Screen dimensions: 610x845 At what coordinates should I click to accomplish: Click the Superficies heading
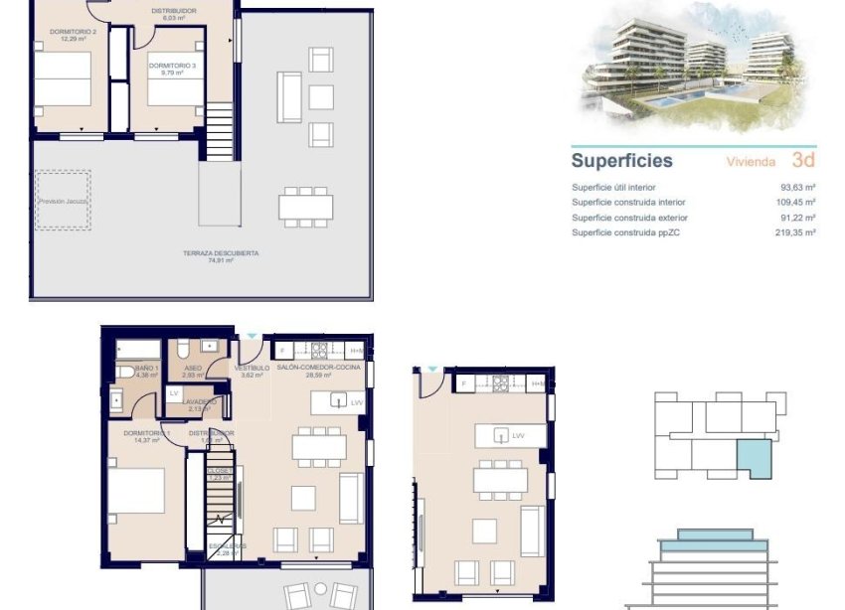coord(621,161)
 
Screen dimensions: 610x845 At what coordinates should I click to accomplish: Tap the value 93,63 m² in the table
coord(797,188)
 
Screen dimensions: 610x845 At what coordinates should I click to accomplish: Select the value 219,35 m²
coord(795,232)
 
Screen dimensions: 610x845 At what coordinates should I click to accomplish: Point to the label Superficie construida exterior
coord(629,218)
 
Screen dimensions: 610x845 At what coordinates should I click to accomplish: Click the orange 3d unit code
coord(803,160)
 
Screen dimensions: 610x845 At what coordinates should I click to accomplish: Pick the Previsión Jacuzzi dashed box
coord(64,201)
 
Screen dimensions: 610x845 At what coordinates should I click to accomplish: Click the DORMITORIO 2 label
coord(73,32)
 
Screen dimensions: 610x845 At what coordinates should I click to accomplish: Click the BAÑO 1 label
coord(133,369)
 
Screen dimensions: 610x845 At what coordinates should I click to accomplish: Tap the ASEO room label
coord(193,369)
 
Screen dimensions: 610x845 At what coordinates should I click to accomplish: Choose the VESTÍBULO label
coord(252,369)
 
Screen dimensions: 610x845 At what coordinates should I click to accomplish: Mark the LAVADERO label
coord(198,402)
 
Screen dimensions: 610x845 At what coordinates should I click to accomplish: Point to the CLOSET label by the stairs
coord(221,471)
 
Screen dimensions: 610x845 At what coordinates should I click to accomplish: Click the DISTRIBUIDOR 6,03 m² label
coord(173,11)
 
